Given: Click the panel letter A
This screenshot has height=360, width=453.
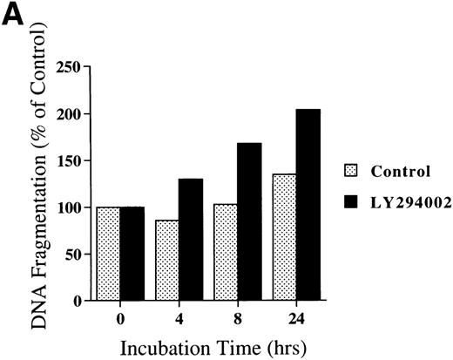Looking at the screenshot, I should pyautogui.click(x=13, y=15).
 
